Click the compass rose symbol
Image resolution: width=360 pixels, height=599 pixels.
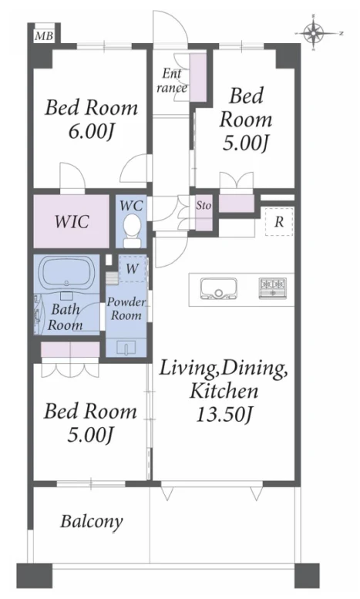tap(313, 32)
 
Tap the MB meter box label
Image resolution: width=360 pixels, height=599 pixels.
tap(44, 37)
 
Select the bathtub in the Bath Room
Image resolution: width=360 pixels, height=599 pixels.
tap(67, 271)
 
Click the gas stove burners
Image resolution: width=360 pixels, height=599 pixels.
tap(273, 288)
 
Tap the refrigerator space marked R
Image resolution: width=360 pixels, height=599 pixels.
tap(279, 221)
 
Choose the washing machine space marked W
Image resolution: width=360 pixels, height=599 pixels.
tap(132, 268)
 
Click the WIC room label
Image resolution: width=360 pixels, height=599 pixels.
tap(72, 221)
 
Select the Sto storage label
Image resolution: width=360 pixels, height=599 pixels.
tap(204, 206)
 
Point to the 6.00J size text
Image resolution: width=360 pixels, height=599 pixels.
tap(91, 132)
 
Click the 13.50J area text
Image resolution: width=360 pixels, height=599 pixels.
tap(224, 414)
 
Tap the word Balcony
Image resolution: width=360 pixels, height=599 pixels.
tap(92, 521)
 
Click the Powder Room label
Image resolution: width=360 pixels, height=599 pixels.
tap(126, 308)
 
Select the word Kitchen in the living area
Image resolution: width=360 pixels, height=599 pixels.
tap(224, 391)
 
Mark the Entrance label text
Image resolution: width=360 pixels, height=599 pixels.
tap(172, 80)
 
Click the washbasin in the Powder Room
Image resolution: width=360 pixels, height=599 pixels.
tap(126, 348)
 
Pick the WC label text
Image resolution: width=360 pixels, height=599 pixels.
tap(131, 206)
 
